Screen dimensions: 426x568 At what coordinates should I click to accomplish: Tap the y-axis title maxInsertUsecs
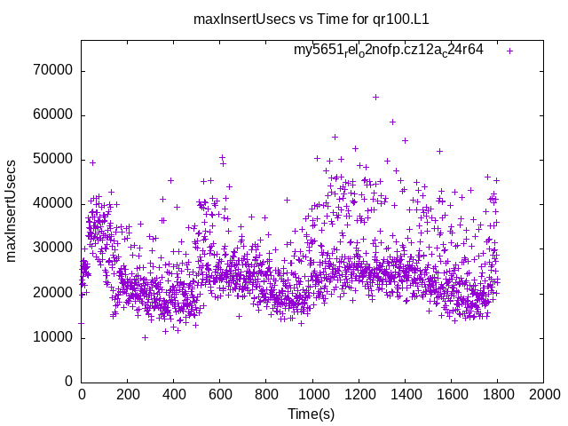click(x=12, y=210)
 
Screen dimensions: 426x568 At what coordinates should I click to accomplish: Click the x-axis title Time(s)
click(x=312, y=414)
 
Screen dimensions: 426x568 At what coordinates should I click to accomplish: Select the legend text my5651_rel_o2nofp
click(x=389, y=50)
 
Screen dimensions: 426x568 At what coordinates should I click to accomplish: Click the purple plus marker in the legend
click(x=509, y=51)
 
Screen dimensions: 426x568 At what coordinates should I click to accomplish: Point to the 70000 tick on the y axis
click(x=54, y=71)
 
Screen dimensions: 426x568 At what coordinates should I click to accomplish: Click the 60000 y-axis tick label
click(x=54, y=115)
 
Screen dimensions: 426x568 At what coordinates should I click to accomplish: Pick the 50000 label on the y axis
click(x=54, y=160)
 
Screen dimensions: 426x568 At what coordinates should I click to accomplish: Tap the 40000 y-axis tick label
click(x=54, y=204)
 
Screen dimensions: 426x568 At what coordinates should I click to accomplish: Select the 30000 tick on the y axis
click(x=54, y=248)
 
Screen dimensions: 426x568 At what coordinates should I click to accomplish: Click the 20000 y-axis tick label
click(x=54, y=293)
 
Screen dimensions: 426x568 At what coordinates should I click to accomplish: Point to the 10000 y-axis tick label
click(x=54, y=337)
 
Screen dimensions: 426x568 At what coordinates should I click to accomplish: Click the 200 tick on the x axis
click(x=128, y=394)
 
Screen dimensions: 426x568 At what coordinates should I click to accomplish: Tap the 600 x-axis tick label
click(x=220, y=394)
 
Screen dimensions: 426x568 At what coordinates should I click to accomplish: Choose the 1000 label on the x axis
click(x=312, y=394)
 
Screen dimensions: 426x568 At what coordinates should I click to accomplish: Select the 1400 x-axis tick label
click(x=405, y=394)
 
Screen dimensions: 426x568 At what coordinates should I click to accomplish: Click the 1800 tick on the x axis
click(x=497, y=394)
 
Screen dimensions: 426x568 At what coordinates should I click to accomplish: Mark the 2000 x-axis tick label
click(x=543, y=394)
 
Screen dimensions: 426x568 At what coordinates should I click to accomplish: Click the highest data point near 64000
click(x=375, y=97)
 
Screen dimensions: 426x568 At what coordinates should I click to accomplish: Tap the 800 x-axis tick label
click(x=266, y=394)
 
